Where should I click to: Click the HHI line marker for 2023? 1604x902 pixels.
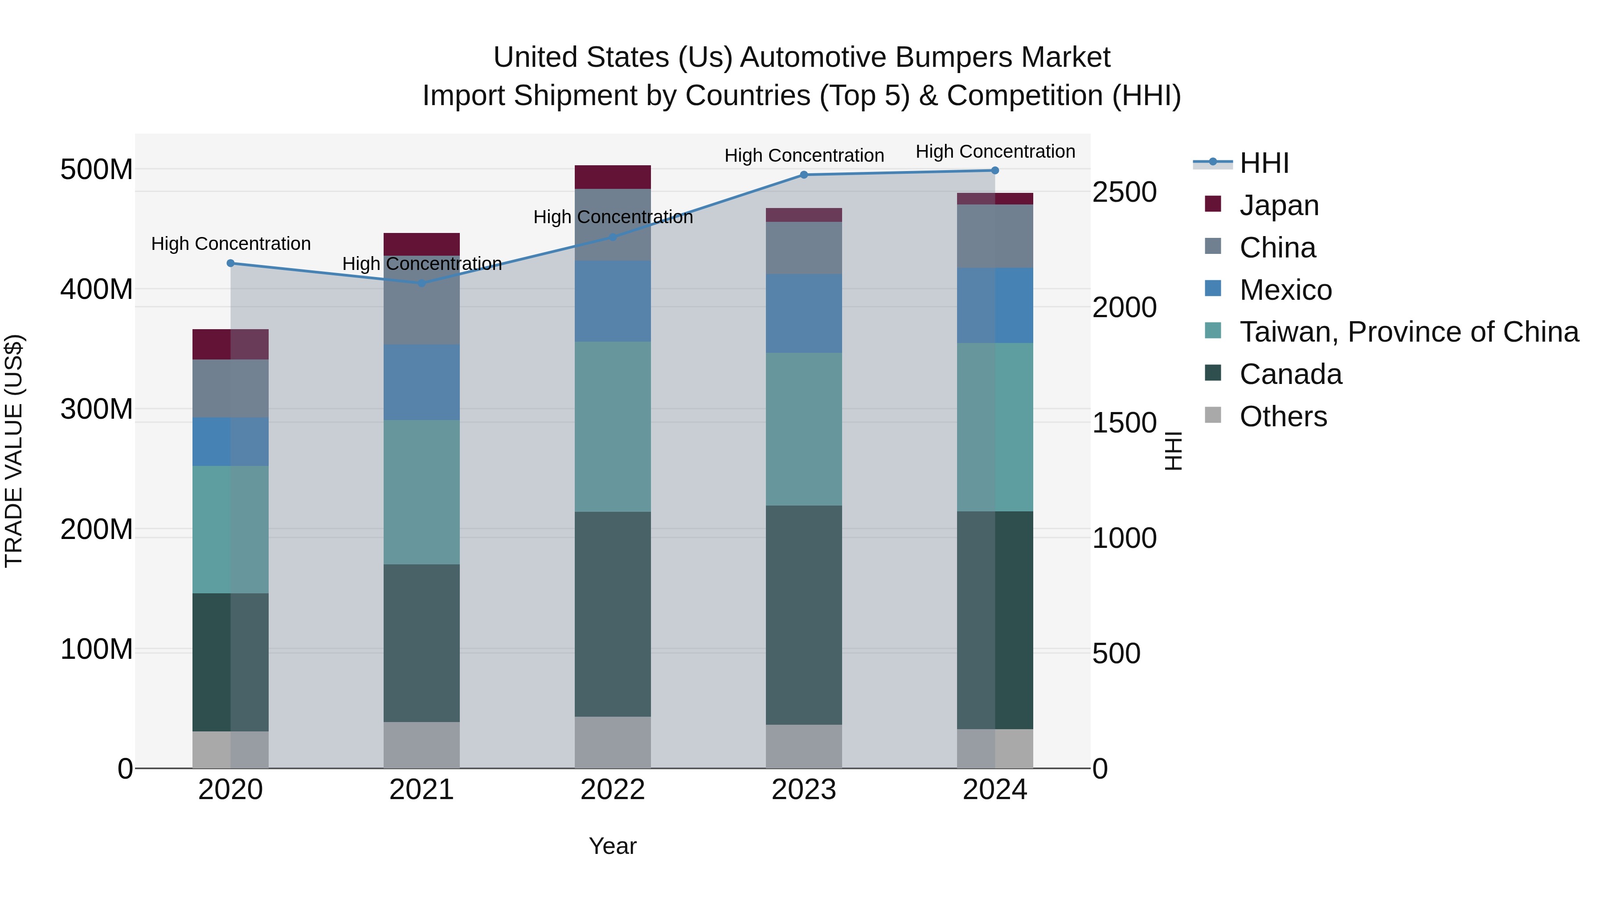(x=803, y=175)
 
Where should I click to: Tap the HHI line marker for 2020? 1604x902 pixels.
(x=230, y=263)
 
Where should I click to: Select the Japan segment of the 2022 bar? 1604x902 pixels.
(x=612, y=177)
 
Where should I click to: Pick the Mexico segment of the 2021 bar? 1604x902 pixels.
(x=421, y=382)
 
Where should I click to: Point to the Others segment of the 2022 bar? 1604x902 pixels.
(x=612, y=742)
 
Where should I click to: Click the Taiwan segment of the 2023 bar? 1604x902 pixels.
(x=803, y=429)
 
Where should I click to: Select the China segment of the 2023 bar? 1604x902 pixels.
(x=803, y=248)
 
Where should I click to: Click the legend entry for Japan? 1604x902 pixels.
(x=1278, y=205)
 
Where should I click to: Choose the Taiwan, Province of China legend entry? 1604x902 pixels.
(x=1408, y=332)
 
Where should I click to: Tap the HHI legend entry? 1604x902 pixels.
(x=1264, y=163)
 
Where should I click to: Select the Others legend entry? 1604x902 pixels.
(x=1283, y=416)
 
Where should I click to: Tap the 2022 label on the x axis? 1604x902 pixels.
(x=612, y=790)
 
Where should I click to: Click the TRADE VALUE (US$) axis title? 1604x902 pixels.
(x=14, y=451)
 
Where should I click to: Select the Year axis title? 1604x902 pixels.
(x=612, y=846)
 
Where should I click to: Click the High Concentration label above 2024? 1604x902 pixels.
(x=994, y=151)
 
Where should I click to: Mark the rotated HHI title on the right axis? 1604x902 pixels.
(x=1173, y=451)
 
